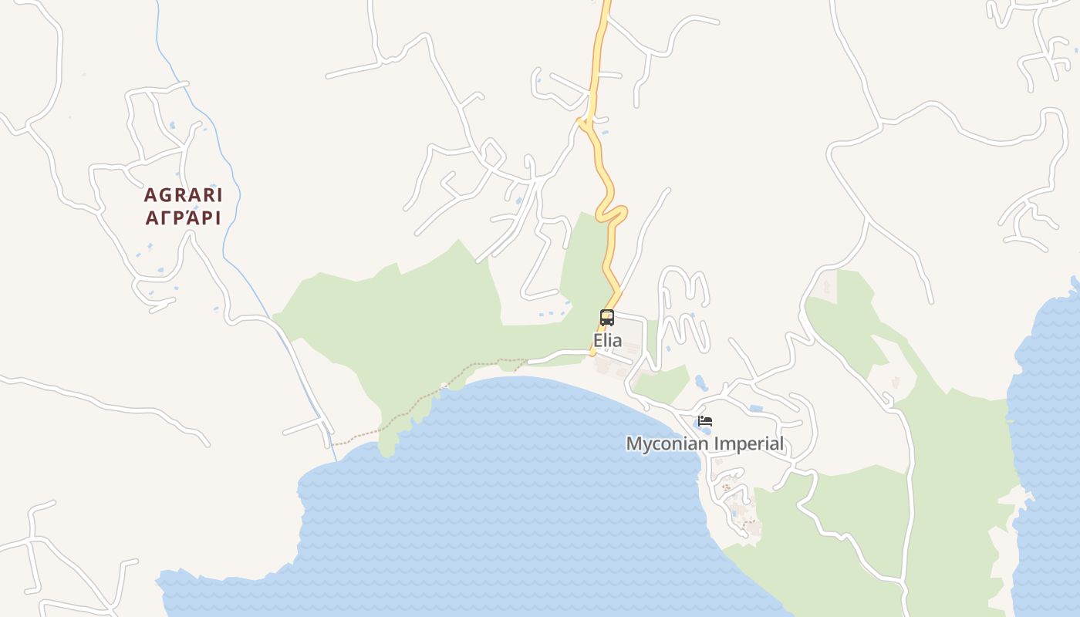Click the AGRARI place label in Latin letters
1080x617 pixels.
coord(183,195)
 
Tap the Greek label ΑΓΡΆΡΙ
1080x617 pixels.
coord(183,218)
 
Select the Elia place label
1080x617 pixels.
coord(607,340)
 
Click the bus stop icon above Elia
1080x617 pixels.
coord(607,317)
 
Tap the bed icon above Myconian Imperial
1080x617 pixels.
coord(704,421)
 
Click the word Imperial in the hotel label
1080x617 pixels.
coord(749,444)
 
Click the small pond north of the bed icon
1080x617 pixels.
coord(700,382)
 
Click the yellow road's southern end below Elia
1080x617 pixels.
coord(593,353)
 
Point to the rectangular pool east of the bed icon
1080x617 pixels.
coord(755,407)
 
